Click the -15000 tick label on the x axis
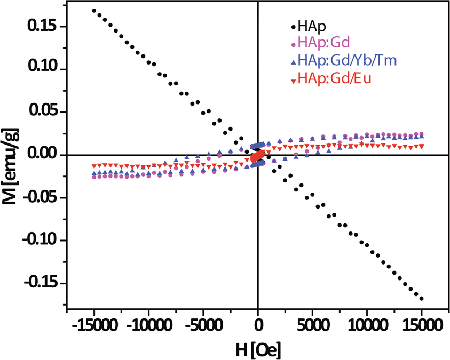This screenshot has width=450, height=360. click(94, 324)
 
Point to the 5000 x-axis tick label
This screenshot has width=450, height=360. click(312, 324)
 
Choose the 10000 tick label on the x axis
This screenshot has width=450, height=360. click(367, 324)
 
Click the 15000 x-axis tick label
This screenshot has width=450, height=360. click(421, 324)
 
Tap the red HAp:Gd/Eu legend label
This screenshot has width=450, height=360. click(335, 78)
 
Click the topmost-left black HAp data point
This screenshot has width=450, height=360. click(94, 11)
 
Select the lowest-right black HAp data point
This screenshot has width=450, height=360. click(422, 299)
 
